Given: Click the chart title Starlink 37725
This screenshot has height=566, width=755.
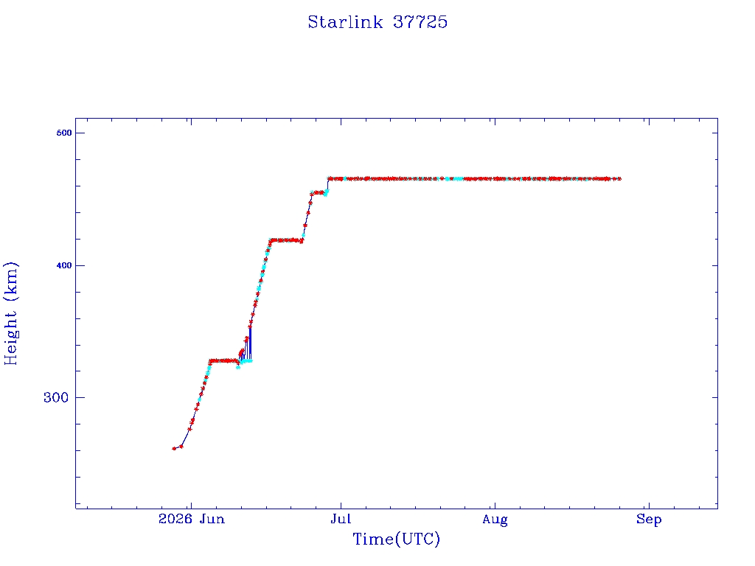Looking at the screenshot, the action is (377, 22).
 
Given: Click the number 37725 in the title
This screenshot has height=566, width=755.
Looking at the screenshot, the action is (420, 22).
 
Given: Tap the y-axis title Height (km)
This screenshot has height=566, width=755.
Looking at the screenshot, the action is (10, 313).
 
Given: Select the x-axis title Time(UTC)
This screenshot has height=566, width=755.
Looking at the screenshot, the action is (396, 539).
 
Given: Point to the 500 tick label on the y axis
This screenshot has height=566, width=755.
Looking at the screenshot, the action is (64, 133).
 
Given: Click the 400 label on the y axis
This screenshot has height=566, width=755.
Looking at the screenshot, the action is (64, 265).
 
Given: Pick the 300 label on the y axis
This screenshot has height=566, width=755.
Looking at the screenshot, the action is (56, 397).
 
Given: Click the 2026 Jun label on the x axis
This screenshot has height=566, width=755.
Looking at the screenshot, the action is (192, 519).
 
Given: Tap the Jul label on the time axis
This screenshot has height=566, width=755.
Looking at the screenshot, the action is (341, 519).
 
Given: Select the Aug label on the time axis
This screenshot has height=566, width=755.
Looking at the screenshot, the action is (495, 520).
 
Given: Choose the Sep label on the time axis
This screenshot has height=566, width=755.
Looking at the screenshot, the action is (649, 520).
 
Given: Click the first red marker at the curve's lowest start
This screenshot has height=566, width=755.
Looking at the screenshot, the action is (174, 449).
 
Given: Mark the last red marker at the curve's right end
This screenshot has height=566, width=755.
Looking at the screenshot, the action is (619, 179).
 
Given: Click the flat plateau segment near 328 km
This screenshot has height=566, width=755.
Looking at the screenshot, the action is (223, 360).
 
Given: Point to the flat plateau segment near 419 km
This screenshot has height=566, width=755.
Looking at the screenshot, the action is (286, 240).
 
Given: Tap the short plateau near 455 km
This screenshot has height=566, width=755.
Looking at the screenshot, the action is (318, 193).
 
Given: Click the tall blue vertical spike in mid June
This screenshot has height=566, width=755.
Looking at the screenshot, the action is (250, 343).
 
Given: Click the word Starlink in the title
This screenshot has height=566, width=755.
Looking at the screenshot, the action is (345, 22).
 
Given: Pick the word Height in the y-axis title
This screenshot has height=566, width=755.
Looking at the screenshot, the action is (10, 337).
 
